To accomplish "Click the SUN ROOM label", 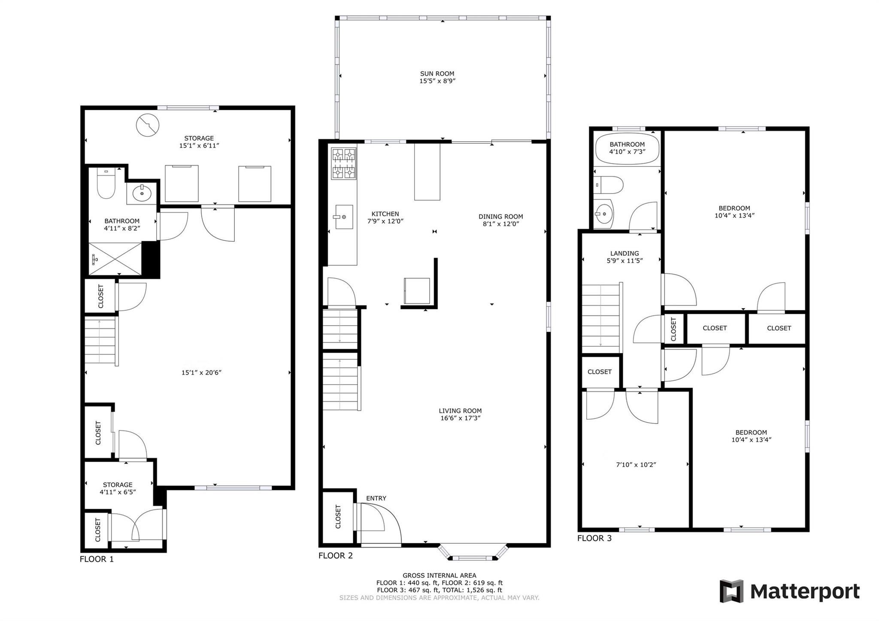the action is [437, 74].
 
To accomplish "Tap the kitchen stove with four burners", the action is [344, 163].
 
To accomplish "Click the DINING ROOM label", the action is [501, 217].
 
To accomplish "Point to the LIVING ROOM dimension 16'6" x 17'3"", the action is [460, 418].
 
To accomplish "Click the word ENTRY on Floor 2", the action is [376, 498].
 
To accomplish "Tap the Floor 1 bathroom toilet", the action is [106, 183].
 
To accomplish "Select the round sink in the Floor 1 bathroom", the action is [142, 193].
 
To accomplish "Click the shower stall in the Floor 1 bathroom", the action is [115, 259].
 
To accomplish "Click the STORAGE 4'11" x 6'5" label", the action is [118, 488].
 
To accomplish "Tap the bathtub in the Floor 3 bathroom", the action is [627, 148].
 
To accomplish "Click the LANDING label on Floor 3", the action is [624, 254].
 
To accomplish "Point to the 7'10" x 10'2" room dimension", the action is [636, 465].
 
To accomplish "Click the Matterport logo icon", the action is [732, 591].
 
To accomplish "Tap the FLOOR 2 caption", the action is [336, 556].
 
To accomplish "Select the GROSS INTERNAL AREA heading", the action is [439, 576].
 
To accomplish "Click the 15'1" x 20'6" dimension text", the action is [201, 373].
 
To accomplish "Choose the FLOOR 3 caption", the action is [594, 538].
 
